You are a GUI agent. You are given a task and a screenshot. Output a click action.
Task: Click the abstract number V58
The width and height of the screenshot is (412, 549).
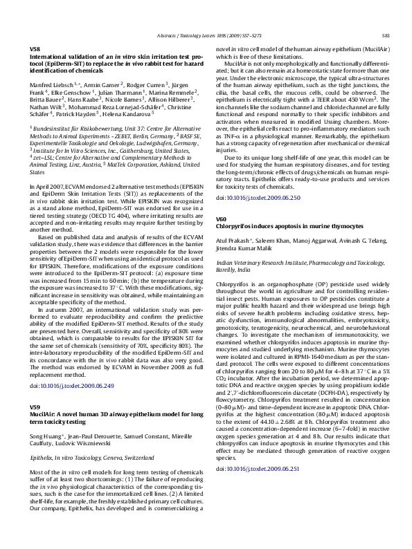(35, 49)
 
